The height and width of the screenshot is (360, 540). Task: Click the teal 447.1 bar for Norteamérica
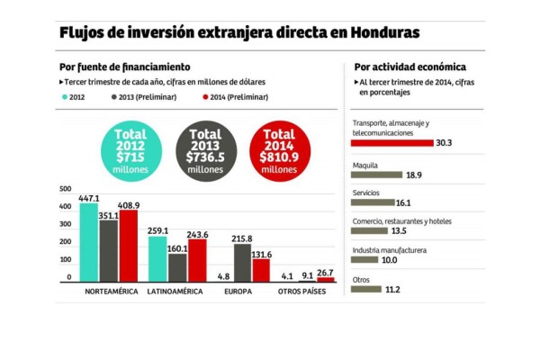(88, 243)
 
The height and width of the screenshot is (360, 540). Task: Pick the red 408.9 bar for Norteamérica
(129, 247)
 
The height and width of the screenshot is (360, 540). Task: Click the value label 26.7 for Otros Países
(325, 273)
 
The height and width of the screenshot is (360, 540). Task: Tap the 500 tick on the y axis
(65, 189)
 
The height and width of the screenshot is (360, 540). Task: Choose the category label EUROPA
(239, 292)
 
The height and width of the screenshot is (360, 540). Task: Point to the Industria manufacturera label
(389, 250)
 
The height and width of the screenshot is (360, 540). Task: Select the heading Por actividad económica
(409, 67)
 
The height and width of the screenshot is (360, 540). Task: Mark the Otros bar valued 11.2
(366, 289)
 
